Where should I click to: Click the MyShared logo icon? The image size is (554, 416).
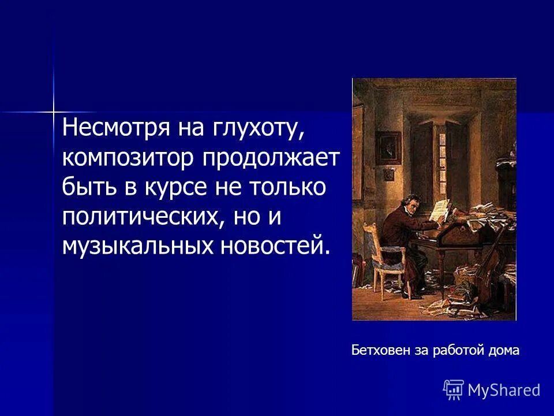click(x=454, y=389)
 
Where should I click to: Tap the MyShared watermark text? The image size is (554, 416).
click(x=504, y=390)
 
